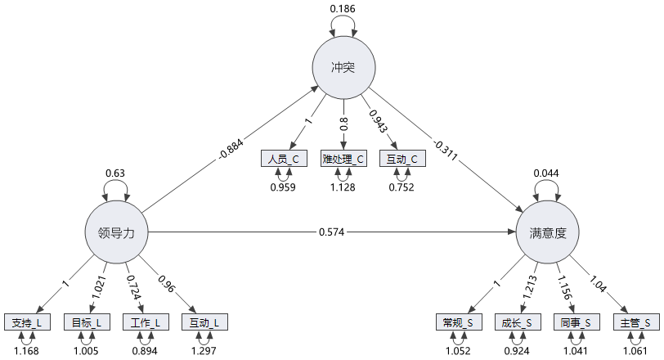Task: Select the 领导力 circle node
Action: click(x=116, y=232)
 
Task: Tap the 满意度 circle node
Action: click(x=547, y=232)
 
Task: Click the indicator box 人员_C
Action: click(x=283, y=159)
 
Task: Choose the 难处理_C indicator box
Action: click(x=343, y=159)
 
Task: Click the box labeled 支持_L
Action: click(x=27, y=322)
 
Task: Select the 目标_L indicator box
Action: click(x=86, y=322)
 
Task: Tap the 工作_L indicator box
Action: click(x=146, y=322)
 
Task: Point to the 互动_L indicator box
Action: click(x=204, y=322)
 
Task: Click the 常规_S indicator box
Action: click(x=459, y=322)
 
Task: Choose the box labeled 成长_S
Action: click(x=518, y=322)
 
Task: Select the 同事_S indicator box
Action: click(x=577, y=322)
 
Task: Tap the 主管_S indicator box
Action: click(x=636, y=322)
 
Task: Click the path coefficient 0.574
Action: click(x=332, y=232)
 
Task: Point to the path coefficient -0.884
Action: click(x=230, y=151)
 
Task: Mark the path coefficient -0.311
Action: click(x=446, y=151)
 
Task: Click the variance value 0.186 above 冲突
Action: click(x=343, y=9)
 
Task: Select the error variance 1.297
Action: click(x=204, y=352)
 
